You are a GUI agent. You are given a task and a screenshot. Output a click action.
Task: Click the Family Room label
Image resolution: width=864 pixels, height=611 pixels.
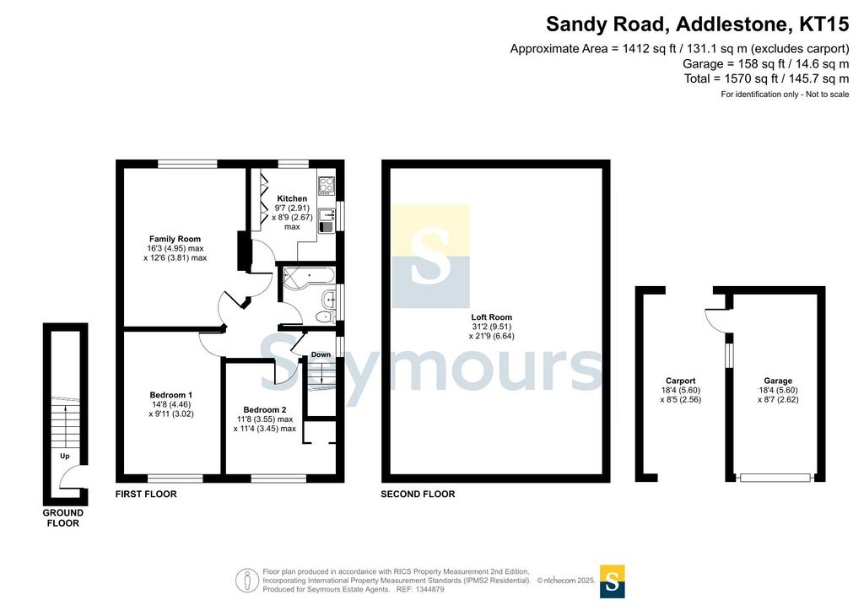[175, 239]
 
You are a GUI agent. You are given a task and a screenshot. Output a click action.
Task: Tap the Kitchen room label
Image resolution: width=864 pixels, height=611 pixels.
[292, 198]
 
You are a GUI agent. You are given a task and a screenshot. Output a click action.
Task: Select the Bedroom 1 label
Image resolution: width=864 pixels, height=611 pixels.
[170, 395]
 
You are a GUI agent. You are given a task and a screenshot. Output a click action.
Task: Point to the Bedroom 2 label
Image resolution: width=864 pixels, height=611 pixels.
[264, 410]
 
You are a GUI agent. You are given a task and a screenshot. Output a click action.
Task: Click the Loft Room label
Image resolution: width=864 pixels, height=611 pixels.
[492, 317]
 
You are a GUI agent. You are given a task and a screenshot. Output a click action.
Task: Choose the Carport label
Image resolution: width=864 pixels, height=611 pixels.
[681, 381]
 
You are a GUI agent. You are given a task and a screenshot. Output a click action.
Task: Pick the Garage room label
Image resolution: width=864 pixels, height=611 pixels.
[778, 381]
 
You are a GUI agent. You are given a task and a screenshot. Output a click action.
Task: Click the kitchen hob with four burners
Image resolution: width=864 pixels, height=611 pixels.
[327, 186]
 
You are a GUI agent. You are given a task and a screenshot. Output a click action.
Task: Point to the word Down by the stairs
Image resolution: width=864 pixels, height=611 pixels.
[321, 354]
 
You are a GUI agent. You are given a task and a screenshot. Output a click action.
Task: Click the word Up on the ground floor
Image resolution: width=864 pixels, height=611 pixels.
[64, 457]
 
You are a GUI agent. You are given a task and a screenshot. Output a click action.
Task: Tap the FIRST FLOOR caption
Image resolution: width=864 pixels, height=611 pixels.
[146, 495]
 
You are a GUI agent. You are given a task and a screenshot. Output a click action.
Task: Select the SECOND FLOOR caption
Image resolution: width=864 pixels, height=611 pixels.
[418, 495]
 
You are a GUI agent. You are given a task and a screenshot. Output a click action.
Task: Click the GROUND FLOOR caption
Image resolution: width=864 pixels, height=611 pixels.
[62, 518]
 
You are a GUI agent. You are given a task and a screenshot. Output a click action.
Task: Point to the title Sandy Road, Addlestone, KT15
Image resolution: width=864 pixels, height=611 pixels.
[697, 24]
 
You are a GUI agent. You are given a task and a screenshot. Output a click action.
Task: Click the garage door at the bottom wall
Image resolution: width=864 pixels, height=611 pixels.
[775, 478]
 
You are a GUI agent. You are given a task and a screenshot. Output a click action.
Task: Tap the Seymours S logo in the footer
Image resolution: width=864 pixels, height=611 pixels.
[612, 581]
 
